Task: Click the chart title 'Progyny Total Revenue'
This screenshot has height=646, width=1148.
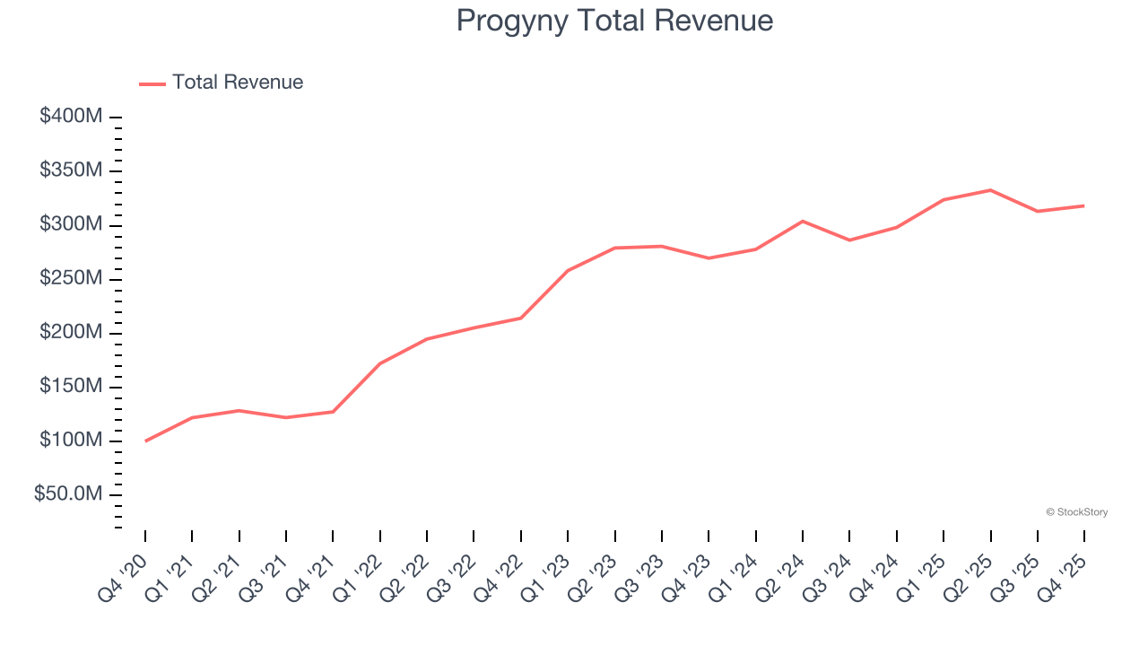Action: pyautogui.click(x=614, y=21)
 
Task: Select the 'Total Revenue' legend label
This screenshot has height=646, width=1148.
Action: pyautogui.click(x=238, y=83)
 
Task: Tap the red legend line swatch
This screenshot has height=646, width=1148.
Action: pyautogui.click(x=152, y=83)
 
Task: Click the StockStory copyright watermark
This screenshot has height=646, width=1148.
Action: pyautogui.click(x=1076, y=512)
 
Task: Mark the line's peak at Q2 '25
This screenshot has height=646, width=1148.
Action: pyautogui.click(x=990, y=190)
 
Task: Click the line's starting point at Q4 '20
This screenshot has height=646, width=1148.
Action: pyautogui.click(x=145, y=441)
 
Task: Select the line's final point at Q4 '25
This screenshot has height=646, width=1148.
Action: pyautogui.click(x=1083, y=205)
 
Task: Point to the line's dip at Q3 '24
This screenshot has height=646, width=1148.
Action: pyautogui.click(x=849, y=240)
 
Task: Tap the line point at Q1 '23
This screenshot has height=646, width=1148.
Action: pyautogui.click(x=568, y=270)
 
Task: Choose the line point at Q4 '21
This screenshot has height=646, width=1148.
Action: pyautogui.click(x=333, y=412)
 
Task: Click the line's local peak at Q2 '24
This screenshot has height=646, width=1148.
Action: pyautogui.click(x=802, y=221)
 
